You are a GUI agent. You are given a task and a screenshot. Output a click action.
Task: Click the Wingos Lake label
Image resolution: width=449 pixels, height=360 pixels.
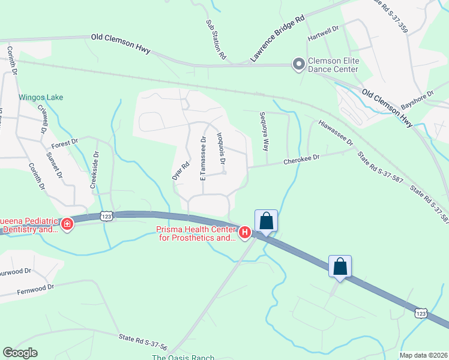(x=41, y=97)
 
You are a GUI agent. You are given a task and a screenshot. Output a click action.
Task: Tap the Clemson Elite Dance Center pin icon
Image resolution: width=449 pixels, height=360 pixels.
(x=298, y=64)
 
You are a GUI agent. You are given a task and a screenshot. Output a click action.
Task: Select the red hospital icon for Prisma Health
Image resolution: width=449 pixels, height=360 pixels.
(x=245, y=233)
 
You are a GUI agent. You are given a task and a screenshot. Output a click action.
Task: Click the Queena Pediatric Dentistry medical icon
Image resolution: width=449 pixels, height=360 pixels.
(x=67, y=224)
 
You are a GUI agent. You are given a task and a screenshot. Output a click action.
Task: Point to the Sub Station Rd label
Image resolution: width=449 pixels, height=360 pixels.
(x=216, y=40)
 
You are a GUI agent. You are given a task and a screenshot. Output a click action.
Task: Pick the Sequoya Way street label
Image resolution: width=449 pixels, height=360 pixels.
(x=264, y=131)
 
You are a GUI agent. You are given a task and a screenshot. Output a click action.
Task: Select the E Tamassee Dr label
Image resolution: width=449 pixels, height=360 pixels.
(x=203, y=158)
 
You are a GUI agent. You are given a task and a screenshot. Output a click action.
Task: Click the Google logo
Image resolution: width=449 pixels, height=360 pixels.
(x=20, y=353)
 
